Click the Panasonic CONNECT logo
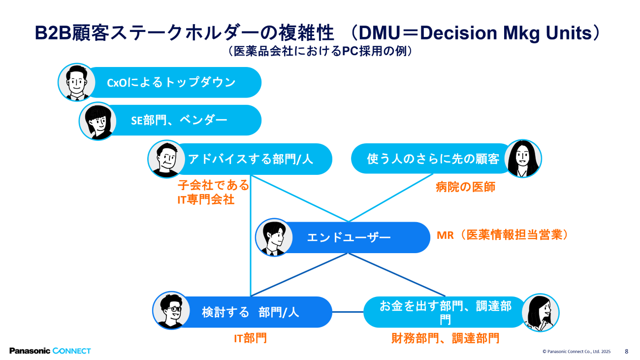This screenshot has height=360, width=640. coord(50,351)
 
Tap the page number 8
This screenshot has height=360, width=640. coord(626,351)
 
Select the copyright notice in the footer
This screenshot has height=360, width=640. coord(576,352)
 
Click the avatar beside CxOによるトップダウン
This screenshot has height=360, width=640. coord(76,82)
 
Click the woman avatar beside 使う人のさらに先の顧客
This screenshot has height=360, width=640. coord(523,159)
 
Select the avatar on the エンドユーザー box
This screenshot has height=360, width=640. coord(274,237)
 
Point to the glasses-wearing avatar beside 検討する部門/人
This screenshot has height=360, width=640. coord(171,311)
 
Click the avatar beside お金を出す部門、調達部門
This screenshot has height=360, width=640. coord(540,312)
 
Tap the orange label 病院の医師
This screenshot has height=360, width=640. coord(465,187)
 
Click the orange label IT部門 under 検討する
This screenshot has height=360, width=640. coord(250,338)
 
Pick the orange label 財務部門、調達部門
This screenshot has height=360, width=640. coord(445,338)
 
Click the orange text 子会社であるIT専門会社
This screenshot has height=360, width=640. coord(213,193)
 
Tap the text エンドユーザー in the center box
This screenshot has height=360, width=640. coord(349,238)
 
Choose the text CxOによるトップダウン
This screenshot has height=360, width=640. coord(171,83)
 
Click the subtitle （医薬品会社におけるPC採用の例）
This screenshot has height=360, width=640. coord(320,51)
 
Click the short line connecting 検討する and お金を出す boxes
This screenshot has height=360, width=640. coord(348,312)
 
